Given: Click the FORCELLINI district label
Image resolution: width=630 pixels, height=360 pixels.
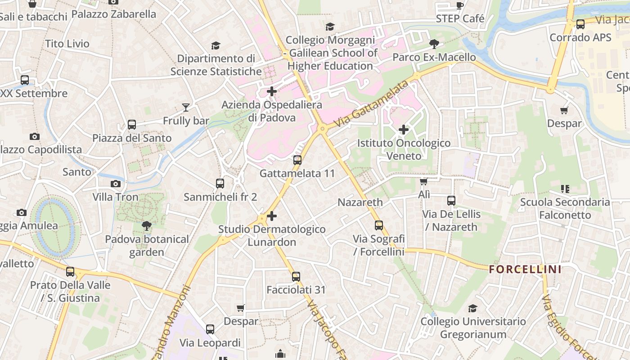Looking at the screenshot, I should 525,270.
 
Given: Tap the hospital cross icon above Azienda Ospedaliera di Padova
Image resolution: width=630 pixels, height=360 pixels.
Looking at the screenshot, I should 272,92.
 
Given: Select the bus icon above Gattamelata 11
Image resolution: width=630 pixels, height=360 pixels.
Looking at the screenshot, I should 297,160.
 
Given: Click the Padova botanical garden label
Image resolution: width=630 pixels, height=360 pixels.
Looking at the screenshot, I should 147,245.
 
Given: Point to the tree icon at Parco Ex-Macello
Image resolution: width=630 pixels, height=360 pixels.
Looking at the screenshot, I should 434,44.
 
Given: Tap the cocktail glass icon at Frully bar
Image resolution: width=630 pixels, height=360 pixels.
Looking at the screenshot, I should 185,107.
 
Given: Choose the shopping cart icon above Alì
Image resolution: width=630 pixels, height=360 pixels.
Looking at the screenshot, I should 423,181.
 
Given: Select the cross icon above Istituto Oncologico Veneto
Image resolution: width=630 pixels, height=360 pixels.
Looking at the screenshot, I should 404,130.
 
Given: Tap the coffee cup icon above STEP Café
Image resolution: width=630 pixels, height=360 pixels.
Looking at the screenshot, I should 459,5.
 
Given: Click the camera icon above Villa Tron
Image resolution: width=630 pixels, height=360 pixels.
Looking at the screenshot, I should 116,184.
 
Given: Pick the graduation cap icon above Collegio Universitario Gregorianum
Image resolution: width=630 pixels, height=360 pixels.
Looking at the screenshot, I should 472,308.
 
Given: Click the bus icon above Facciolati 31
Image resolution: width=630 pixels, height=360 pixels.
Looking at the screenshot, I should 296,277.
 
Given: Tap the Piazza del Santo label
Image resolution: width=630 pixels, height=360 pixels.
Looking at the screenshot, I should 132,138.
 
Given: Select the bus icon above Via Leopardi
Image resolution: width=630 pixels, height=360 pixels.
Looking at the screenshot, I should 210,329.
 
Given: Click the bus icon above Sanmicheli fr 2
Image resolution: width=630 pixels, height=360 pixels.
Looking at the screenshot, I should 220,184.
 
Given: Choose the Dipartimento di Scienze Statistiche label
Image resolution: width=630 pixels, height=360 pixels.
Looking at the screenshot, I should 216,65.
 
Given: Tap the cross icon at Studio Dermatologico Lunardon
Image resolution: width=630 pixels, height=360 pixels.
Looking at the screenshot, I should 272,216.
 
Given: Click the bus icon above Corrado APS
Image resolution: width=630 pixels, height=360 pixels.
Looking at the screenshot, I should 580,24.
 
